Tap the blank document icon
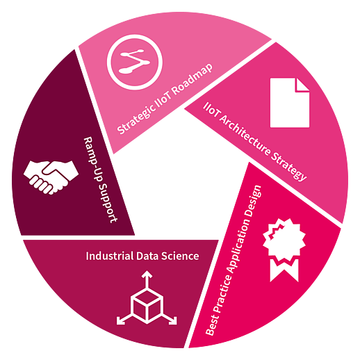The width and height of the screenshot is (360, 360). pyautogui.click(x=290, y=103)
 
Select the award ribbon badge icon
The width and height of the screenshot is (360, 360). pyautogui.click(x=284, y=249)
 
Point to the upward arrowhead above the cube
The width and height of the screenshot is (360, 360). pyautogui.click(x=147, y=274)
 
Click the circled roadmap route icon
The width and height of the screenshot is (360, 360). pyautogui.click(x=135, y=62)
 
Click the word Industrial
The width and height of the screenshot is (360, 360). pyautogui.click(x=109, y=256)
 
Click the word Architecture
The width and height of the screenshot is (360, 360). pyautogui.click(x=244, y=135)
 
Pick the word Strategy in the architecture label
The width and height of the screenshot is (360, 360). pyautogui.click(x=289, y=166)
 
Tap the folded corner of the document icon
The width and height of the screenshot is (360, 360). pyautogui.click(x=302, y=85)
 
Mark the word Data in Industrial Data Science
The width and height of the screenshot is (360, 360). pyautogui.click(x=147, y=256)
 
